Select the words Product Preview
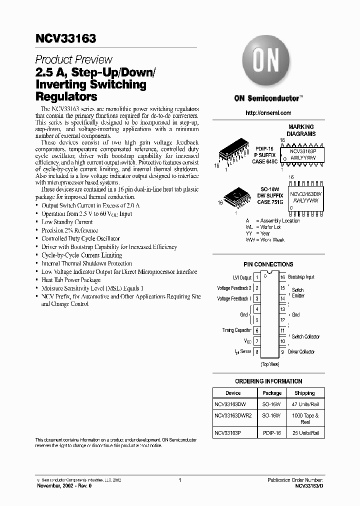(74, 59)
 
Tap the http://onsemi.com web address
(268, 113)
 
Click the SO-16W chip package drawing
(236, 196)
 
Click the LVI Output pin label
(241, 277)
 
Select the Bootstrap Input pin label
(301, 277)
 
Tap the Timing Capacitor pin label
(237, 330)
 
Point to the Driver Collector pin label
(301, 352)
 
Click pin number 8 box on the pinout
(257, 352)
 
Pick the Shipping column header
(304, 393)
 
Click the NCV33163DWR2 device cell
(233, 415)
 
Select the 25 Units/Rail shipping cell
(304, 433)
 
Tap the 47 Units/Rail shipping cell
(304, 403)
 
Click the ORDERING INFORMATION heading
(268, 381)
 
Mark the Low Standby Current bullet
(67, 221)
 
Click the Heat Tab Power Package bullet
(71, 280)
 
